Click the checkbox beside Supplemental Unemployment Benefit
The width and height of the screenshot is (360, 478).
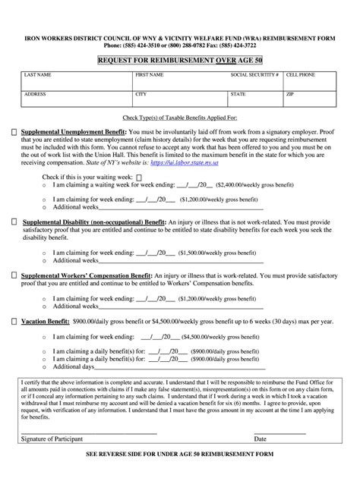[14, 132]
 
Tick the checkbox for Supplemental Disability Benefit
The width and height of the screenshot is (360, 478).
[14, 222]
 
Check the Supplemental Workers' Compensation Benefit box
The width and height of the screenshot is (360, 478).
[14, 271]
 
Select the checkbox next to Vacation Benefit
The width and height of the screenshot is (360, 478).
[14, 321]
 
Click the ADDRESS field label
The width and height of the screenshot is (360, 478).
[35, 95]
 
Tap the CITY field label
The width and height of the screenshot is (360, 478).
[141, 95]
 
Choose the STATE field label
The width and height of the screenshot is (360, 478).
[238, 95]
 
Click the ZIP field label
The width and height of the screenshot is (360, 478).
[289, 95]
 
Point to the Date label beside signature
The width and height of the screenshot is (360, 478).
[261, 439]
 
